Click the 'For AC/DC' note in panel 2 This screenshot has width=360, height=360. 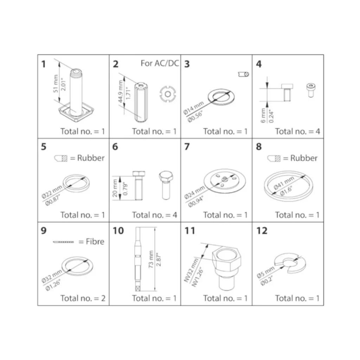[x=160, y=63]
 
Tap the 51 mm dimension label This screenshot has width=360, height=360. [x=56, y=84]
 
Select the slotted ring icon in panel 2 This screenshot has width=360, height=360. [x=168, y=94]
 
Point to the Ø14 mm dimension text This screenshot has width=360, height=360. [x=194, y=108]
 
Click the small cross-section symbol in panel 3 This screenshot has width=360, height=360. [x=244, y=74]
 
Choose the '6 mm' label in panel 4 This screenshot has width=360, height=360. [x=263, y=115]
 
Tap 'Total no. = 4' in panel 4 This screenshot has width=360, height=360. [x=297, y=131]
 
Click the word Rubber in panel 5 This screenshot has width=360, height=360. [x=91, y=158]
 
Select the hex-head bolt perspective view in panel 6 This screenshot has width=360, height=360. [x=166, y=185]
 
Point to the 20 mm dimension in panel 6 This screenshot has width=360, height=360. [x=115, y=188]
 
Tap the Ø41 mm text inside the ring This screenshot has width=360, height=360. [x=284, y=183]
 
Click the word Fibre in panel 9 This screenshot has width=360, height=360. [x=95, y=242]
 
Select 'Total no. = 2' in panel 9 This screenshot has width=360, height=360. [x=83, y=298]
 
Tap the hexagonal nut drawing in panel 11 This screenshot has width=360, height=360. [x=226, y=269]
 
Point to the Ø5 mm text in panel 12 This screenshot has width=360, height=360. [x=265, y=272]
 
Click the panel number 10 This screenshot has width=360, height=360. [x=118, y=231]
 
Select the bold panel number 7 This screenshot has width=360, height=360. [x=187, y=147]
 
